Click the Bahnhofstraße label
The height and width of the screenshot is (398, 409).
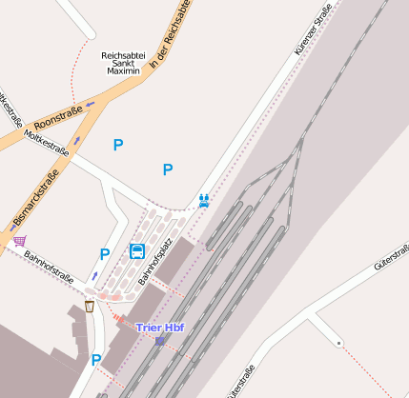coord(49,269)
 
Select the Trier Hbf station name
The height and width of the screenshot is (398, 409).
coord(160,328)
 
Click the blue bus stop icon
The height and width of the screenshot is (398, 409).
coord(137,251)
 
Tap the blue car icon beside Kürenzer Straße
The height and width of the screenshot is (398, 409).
coord(203,199)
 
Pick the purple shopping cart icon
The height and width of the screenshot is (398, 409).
coord(19,240)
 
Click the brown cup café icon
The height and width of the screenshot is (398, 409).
coord(90,306)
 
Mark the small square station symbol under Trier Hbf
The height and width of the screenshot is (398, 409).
coord(160,340)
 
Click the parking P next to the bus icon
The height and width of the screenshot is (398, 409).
coord(105,254)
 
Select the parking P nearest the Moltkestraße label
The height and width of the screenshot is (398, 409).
coord(118,145)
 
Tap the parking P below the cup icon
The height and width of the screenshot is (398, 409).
coord(95,360)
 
